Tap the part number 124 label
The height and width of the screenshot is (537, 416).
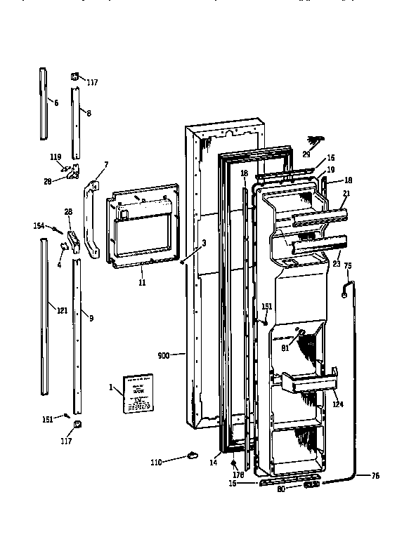pos(338,404)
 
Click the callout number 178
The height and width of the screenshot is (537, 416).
pos(238,475)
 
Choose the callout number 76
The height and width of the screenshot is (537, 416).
pos(375,476)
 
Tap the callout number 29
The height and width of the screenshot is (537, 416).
pos(306,154)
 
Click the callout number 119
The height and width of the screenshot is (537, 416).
pos(56,157)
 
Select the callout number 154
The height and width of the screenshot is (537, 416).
pos(39,225)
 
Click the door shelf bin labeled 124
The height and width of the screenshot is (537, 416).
pos(306,385)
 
